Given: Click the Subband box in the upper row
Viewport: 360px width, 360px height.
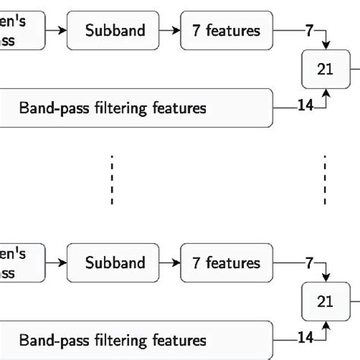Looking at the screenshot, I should [115, 31].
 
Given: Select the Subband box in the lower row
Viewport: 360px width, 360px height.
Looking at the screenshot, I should [115, 264].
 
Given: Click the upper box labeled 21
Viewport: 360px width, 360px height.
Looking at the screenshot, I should [325, 69].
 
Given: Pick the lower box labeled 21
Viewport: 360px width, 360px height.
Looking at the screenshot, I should [325, 302].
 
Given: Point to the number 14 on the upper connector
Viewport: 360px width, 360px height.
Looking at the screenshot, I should [305, 106].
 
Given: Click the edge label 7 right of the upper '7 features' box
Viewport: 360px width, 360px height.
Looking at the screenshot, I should [309, 31].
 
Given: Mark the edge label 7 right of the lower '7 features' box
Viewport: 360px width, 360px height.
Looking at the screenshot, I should [309, 264].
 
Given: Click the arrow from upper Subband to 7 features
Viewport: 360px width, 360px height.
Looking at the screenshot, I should [171, 31].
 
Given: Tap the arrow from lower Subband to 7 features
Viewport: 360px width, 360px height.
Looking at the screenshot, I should [171, 264].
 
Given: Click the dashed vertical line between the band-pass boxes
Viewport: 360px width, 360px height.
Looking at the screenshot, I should [112, 179].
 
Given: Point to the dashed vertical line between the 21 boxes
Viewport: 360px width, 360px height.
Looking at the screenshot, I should [325, 179].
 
